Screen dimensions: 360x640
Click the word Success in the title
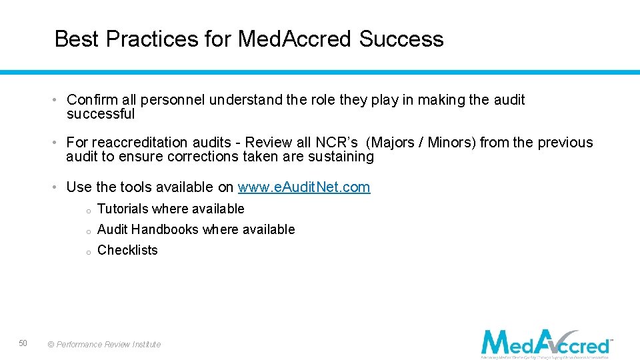[x=401, y=39]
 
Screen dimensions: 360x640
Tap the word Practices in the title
[x=151, y=39]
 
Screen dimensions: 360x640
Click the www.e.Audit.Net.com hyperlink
[x=303, y=187]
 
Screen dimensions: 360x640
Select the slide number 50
[x=23, y=343]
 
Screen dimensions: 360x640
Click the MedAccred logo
[x=547, y=343]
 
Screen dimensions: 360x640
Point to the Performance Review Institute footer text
[x=105, y=345]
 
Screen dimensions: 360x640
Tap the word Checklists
[x=127, y=250]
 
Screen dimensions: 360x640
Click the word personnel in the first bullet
[x=173, y=100]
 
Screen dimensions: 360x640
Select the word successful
[x=101, y=114]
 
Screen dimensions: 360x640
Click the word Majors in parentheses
[x=393, y=143]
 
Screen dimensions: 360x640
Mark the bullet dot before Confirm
[x=58, y=100]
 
